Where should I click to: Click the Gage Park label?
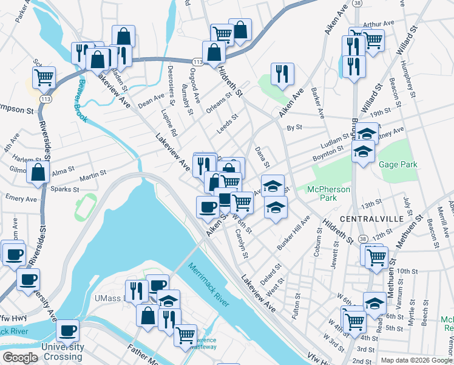(x=398, y=165)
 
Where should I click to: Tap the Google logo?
(x=20, y=358)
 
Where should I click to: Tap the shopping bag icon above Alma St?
(x=38, y=172)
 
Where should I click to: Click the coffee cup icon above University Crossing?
(x=67, y=331)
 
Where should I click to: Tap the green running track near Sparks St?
(x=85, y=207)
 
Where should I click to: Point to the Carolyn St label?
(x=242, y=243)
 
